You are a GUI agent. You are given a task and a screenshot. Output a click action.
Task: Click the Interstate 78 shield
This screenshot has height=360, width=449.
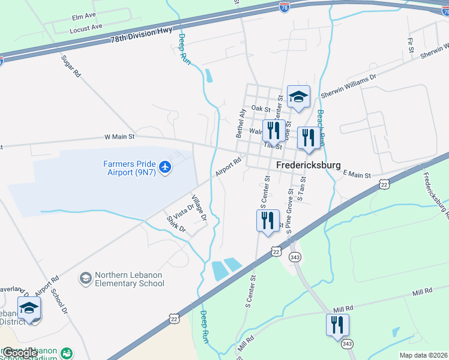285,7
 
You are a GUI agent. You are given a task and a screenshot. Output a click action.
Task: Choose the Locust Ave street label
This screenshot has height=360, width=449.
86,27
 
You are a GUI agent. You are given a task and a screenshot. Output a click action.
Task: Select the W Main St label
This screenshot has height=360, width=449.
119,137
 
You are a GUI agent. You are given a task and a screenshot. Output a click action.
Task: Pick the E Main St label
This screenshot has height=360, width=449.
357,174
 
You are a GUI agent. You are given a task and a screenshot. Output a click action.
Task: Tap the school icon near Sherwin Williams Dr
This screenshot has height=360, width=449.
298,96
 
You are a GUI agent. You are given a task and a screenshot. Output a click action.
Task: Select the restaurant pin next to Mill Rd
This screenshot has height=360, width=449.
337,325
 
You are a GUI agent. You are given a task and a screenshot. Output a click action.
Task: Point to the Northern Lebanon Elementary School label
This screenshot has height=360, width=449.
129,279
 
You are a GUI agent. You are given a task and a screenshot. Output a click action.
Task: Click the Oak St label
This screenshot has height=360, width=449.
261,109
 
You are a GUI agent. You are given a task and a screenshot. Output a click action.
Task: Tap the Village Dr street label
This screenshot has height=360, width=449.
199,207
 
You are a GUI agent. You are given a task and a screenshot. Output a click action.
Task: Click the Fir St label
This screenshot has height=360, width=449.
411,43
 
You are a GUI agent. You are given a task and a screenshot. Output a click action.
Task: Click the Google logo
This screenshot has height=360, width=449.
19,353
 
